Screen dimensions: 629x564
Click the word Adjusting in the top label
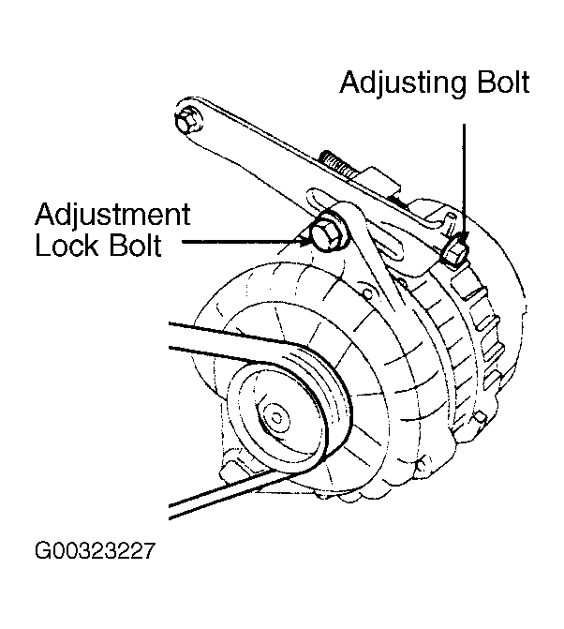[x=397, y=82]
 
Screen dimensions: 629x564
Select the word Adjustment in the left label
[x=112, y=215]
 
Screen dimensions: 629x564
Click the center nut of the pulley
[x=275, y=413]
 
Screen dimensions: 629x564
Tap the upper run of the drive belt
[x=225, y=337]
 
